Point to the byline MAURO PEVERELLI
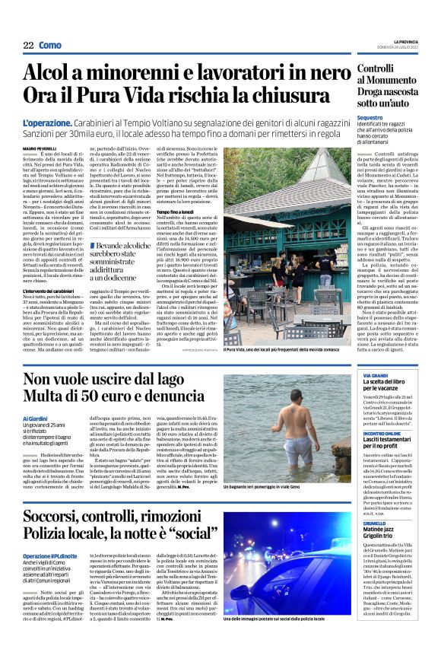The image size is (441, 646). [x=40, y=147]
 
